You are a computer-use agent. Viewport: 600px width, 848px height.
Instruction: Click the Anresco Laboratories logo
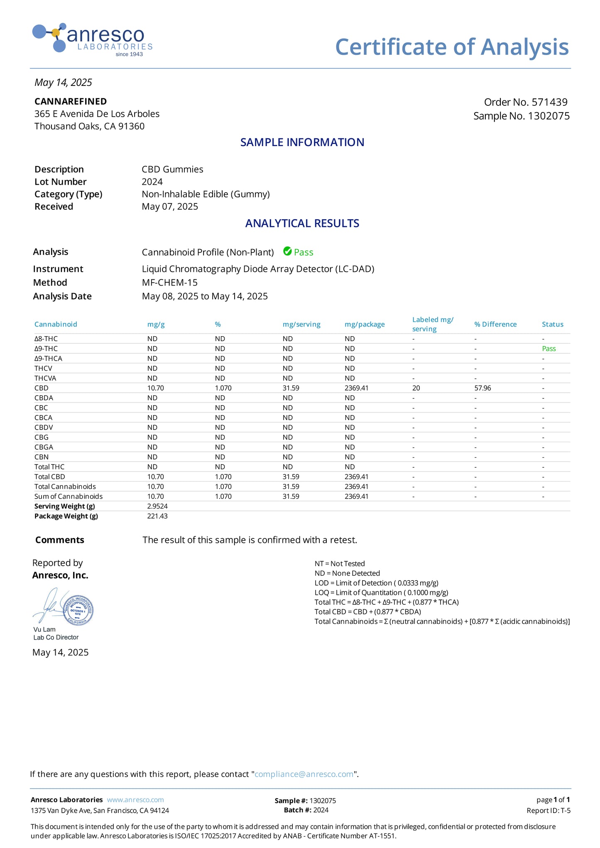[92, 39]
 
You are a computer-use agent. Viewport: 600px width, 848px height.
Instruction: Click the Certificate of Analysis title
[452, 47]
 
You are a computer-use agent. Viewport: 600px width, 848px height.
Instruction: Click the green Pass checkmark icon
[287, 251]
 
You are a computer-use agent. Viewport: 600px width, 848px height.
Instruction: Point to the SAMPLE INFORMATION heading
[302, 142]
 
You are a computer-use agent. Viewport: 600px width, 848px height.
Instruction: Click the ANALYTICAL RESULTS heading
[302, 223]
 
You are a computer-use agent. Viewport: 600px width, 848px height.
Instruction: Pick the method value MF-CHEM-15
[169, 283]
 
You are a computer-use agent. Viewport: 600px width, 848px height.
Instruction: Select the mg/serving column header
[301, 324]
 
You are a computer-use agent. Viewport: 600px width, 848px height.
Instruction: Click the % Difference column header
[495, 324]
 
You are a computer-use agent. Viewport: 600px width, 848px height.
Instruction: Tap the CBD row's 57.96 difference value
[483, 388]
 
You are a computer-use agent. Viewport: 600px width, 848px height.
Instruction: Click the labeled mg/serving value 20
[416, 388]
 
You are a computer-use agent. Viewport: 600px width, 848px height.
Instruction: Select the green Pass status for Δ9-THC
[549, 349]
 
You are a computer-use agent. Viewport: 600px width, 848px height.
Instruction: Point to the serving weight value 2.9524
[157, 506]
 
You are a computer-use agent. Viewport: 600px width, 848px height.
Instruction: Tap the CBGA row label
[44, 447]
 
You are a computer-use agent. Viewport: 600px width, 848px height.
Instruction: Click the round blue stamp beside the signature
[78, 611]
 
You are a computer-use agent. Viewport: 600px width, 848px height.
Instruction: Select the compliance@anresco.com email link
[304, 774]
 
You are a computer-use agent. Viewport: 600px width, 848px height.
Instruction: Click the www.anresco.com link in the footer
[135, 800]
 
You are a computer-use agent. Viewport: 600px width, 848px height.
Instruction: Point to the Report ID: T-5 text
[548, 811]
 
